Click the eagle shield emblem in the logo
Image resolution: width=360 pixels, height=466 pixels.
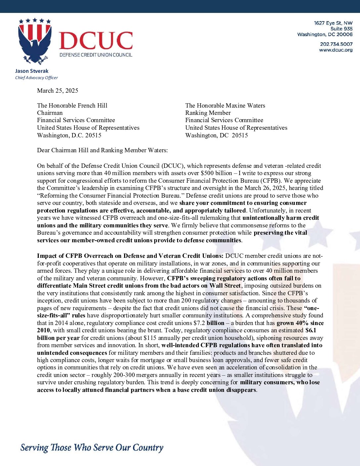point(35,41)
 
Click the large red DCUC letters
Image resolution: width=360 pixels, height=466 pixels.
point(96,41)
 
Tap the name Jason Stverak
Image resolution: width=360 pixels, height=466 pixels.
point(32,71)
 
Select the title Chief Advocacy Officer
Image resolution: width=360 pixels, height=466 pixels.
point(36,78)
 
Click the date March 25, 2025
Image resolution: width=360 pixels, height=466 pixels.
point(58,91)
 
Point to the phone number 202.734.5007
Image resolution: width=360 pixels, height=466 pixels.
point(336,44)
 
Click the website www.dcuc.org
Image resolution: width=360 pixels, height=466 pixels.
point(336,50)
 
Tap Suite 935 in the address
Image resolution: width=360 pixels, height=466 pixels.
point(341,29)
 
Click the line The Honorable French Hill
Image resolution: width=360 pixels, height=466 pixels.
point(72,106)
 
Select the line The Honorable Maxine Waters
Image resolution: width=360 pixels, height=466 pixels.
point(225,106)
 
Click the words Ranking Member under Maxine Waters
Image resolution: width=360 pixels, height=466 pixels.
point(208,113)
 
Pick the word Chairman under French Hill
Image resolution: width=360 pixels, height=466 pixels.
point(50,113)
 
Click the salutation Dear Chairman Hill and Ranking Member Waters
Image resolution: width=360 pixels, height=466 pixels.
point(102,150)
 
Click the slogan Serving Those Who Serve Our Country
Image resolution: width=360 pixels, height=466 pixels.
point(92,447)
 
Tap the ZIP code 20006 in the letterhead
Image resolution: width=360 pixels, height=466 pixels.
point(344,34)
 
